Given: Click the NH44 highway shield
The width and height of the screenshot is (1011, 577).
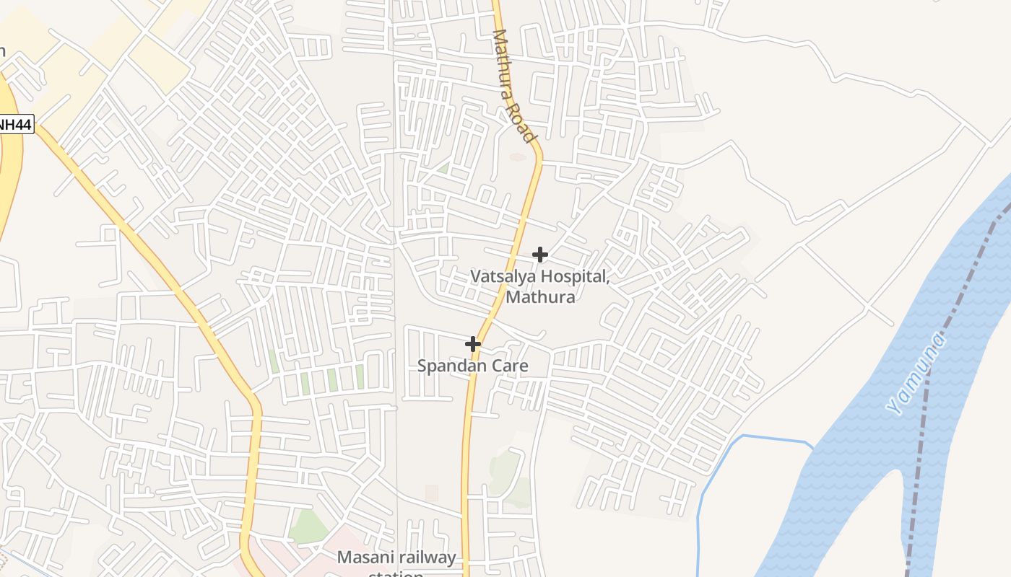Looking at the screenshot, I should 14,124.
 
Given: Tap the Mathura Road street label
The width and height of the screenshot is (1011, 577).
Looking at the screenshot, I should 515,85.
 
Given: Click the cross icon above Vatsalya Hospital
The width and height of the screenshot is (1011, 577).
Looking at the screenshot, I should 539,254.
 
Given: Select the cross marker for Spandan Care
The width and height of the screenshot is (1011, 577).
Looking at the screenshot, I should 473,344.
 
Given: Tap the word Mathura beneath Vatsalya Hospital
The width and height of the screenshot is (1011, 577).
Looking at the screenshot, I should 540,296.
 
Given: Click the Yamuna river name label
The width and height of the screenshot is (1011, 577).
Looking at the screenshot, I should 916,374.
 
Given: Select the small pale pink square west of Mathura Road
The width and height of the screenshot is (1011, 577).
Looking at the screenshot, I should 431,493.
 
